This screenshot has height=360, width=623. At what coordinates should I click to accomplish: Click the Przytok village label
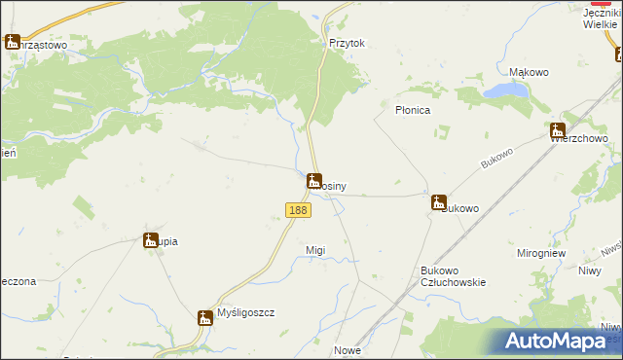pos(347,44)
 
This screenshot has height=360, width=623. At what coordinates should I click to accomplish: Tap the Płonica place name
pos(412,111)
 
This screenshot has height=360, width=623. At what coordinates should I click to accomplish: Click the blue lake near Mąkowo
pos(505,91)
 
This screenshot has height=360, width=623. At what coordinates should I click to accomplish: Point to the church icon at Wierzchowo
pos(557,130)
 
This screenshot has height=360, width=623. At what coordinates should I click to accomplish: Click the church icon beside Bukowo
pos(439,202)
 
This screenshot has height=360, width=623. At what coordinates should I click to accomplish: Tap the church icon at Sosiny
pos(313,181)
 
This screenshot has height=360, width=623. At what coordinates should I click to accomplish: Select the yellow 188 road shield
pos(298,210)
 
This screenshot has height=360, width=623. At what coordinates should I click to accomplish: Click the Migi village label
pos(315,250)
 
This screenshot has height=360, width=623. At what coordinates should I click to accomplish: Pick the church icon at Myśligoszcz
pos(204,318)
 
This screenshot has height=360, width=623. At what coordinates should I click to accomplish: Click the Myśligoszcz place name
pos(246,313)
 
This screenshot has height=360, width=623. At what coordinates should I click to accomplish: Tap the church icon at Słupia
pos(151,241)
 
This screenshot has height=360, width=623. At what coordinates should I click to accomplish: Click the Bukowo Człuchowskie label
pos(453,275)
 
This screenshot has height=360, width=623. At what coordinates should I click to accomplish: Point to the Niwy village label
pos(590,271)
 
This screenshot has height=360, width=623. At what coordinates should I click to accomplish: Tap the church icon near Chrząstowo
pos(13,43)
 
